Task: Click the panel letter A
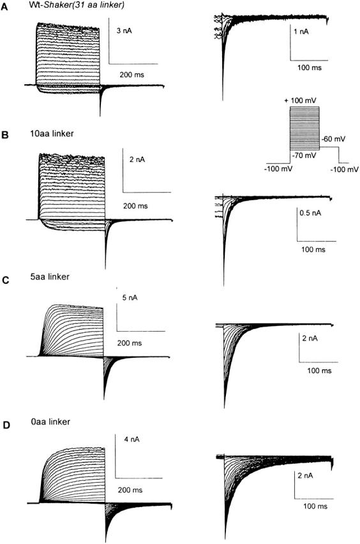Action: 4,7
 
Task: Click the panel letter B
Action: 5,135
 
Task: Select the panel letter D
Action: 6,425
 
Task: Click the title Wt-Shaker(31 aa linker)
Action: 77,6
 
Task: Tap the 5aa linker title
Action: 50,277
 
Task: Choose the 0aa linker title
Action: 50,422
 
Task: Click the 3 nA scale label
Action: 124,31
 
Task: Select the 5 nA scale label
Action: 130,298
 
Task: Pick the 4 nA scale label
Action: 131,439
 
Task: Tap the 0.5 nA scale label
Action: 310,212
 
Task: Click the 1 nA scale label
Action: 301,32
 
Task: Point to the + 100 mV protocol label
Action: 300,101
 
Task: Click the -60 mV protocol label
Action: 334,139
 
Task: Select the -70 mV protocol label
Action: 304,156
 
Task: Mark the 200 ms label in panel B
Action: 135,206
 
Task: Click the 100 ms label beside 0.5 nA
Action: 313,249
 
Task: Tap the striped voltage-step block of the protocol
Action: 304,128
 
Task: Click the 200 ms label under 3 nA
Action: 132,75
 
